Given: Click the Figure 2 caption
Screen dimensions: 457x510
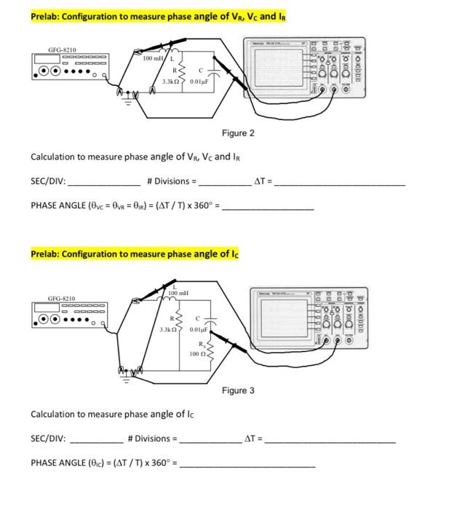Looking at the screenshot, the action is click(x=238, y=133).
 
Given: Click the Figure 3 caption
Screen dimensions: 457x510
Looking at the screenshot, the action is click(x=238, y=391).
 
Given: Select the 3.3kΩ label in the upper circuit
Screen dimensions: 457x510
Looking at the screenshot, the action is click(x=171, y=80).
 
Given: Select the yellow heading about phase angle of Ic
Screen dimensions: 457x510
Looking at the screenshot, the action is click(x=135, y=254).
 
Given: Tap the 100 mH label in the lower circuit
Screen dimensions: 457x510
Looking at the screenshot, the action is click(x=178, y=293).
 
